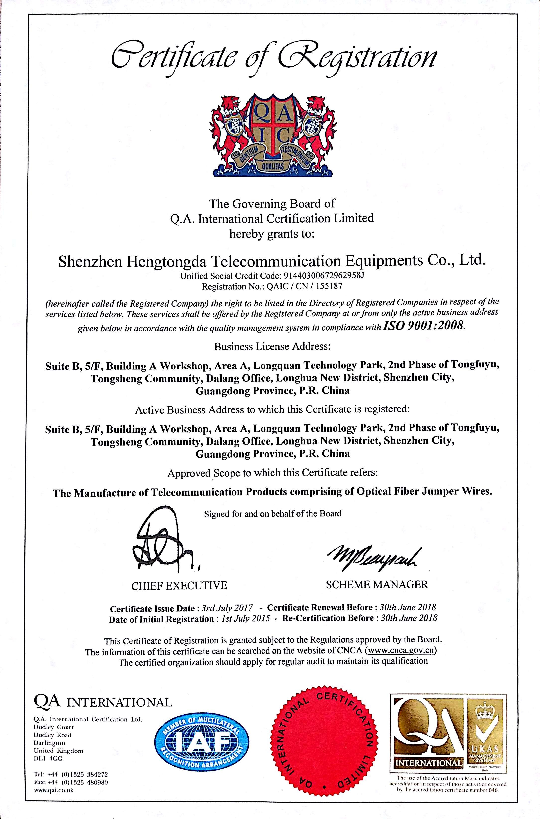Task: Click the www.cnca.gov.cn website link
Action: coord(402,651)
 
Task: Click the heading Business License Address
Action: coord(272,346)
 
